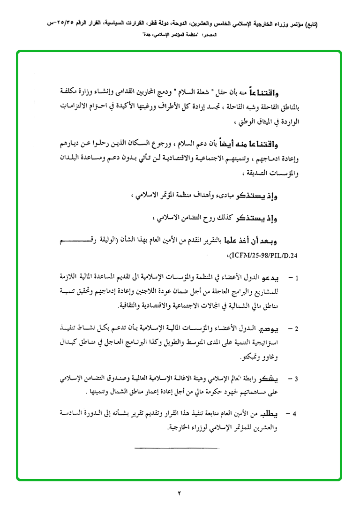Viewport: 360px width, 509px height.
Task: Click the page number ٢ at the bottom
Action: [x=180, y=493]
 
